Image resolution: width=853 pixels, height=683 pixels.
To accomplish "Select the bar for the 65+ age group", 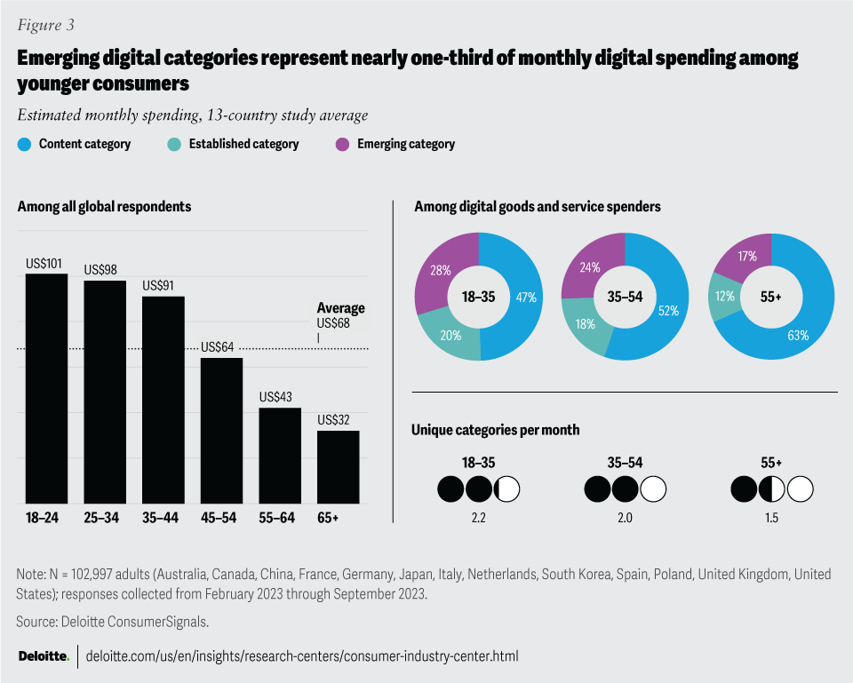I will coord(338,466).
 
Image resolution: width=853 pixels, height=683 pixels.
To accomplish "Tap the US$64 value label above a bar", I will coord(218,347).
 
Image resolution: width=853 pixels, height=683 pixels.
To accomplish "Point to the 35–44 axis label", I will coord(163,517).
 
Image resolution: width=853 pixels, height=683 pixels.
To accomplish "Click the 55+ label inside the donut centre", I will coord(770,297).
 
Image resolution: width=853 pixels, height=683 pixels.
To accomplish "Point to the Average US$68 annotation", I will coord(340,315).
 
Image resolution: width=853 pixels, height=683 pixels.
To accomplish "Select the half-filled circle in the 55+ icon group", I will coord(771,488).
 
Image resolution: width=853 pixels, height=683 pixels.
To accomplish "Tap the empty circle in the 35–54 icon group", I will coord(653,488).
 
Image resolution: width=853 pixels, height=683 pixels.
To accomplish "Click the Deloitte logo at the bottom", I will coord(44,656).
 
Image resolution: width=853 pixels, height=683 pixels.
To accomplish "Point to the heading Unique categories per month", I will coord(496,430).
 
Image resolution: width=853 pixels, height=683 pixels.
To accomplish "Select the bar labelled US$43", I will coord(279,455).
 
